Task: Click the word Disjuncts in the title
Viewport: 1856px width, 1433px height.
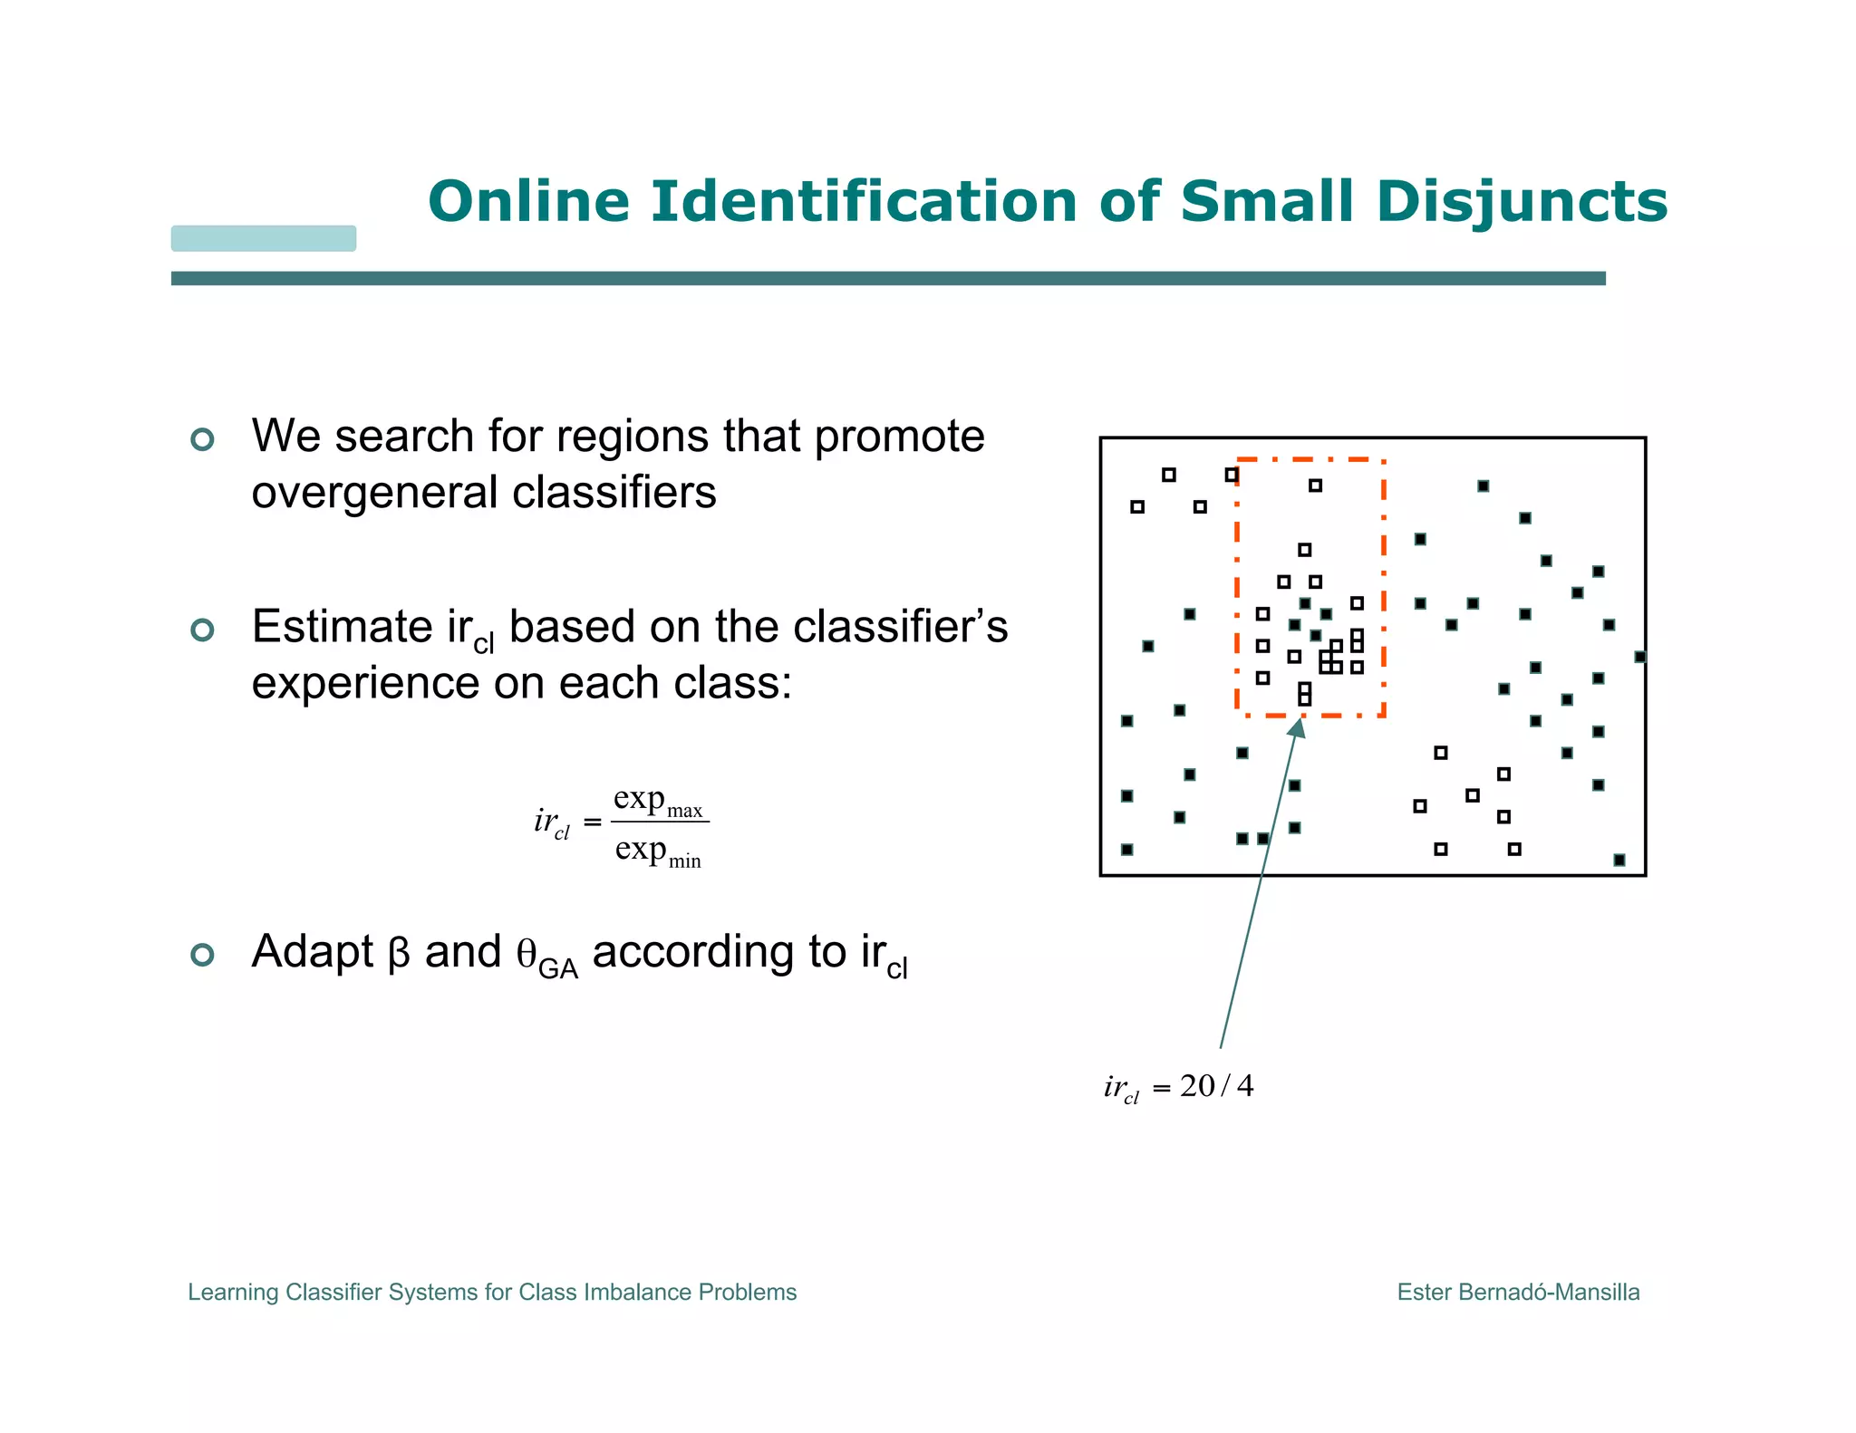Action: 1521,201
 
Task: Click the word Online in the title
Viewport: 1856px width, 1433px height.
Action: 528,201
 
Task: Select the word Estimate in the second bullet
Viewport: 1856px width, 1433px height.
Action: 342,627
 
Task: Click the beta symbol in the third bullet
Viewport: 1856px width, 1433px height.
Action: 399,954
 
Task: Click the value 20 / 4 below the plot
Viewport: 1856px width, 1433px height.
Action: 1216,1085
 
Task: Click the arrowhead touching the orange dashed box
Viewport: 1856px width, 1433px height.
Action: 1298,726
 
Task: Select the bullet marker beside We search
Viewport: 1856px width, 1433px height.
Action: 203,439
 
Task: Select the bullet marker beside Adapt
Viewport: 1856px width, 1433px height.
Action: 203,955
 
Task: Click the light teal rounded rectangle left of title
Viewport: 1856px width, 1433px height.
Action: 264,238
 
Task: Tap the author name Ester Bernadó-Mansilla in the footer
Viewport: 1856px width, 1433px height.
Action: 1518,1292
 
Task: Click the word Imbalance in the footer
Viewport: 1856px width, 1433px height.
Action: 638,1292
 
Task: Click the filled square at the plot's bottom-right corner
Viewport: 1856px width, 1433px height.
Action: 1619,860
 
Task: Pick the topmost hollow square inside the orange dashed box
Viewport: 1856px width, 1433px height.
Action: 1315,486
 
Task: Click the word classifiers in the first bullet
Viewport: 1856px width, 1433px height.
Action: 614,494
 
